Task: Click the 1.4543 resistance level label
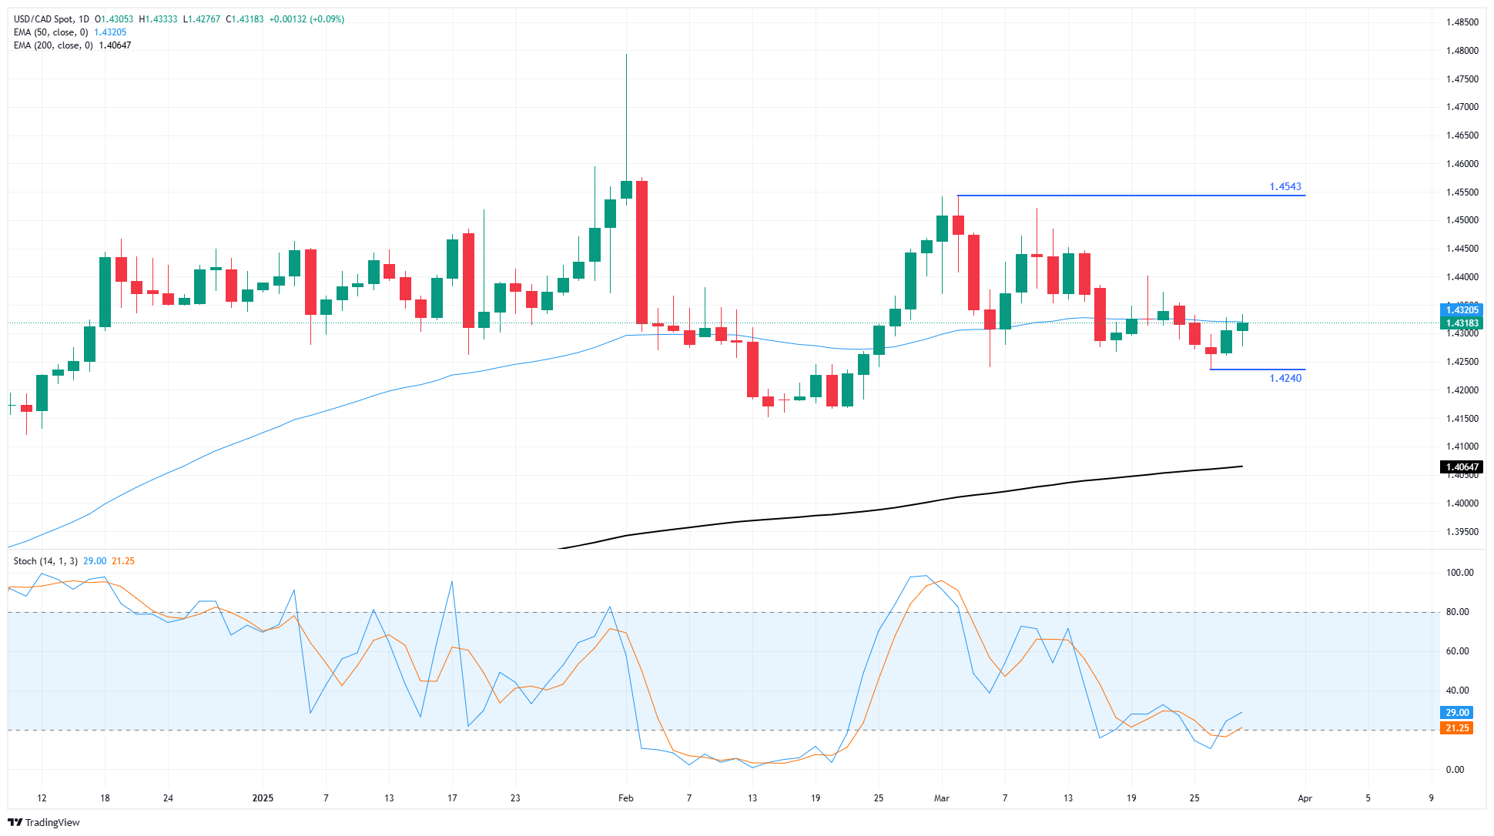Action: [x=1285, y=187]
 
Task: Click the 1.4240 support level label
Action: [x=1285, y=378]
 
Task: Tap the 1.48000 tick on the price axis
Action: [x=1462, y=51]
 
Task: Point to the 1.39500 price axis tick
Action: [x=1462, y=532]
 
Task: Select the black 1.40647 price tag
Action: [x=1461, y=467]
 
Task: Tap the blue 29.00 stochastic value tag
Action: [x=1456, y=713]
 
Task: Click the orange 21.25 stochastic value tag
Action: [x=1456, y=728]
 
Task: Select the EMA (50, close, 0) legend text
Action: [x=51, y=32]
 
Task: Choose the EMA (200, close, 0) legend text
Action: [x=53, y=45]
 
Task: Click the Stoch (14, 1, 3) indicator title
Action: [x=45, y=561]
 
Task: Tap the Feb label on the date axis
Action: [x=625, y=798]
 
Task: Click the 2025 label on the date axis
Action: [x=263, y=798]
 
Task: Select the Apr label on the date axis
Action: [x=1305, y=798]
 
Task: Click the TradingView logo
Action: [x=44, y=822]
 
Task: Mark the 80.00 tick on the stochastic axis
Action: [x=1457, y=612]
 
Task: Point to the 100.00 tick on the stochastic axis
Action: [x=1459, y=573]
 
